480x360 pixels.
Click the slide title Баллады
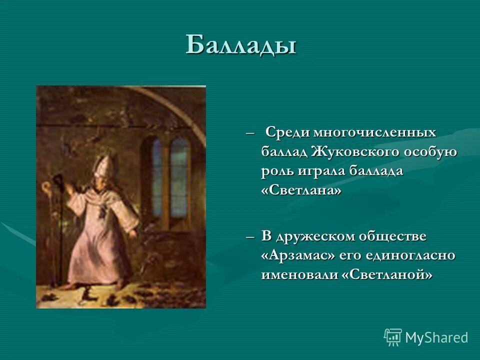tap(241, 45)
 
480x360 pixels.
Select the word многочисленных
tap(374, 133)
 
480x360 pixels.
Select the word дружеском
tap(322, 235)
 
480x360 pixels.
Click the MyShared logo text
tap(436, 337)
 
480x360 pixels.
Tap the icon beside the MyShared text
tap(393, 337)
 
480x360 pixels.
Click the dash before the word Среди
tap(250, 133)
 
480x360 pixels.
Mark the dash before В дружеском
tap(250, 236)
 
